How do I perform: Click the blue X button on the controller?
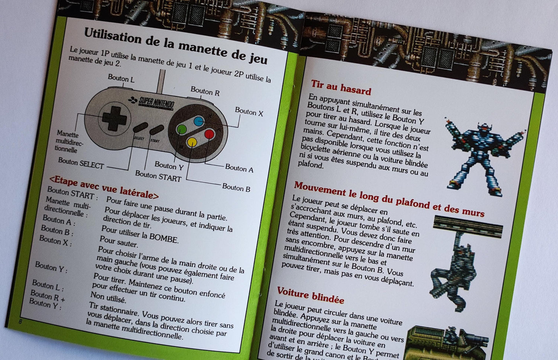198,122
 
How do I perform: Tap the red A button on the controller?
209,134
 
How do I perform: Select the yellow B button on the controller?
192,142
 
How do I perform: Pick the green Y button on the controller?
181,129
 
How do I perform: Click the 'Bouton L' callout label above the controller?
121,79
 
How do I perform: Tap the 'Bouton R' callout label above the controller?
205,91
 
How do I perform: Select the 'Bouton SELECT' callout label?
81,163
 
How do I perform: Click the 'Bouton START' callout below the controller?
158,176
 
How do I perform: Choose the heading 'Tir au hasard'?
341,88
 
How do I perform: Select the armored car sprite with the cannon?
443,343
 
